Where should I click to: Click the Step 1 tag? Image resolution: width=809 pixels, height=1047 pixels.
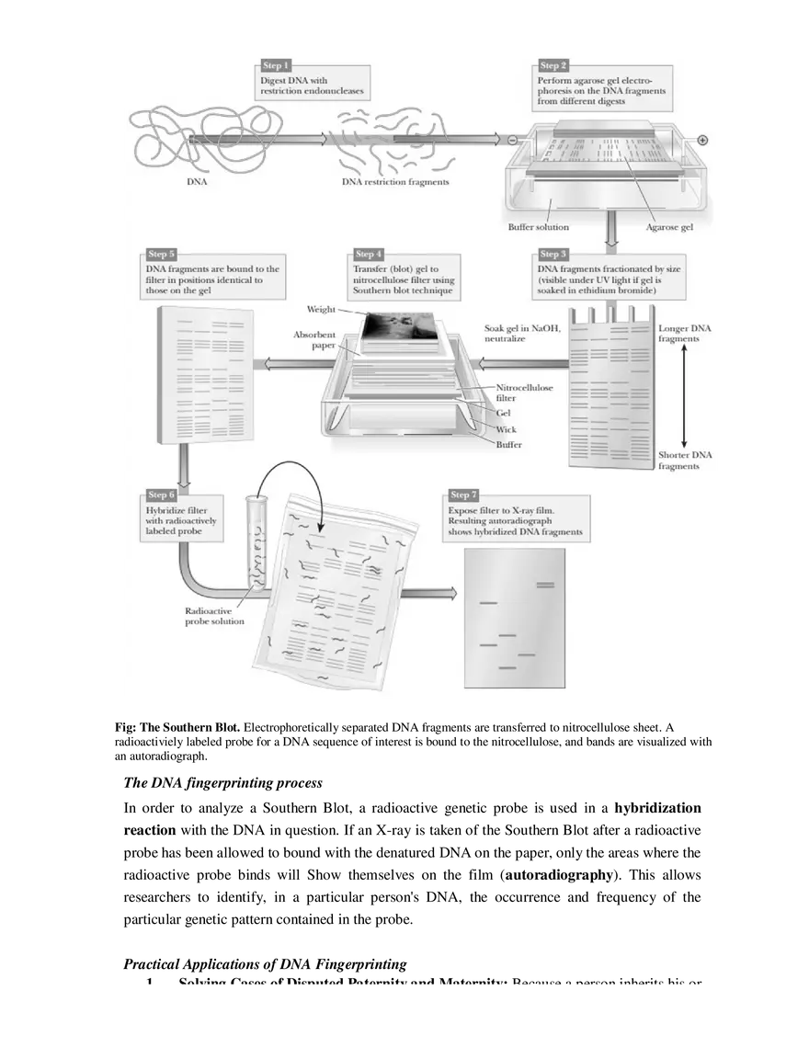(276, 66)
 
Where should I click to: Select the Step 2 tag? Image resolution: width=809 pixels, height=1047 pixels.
(553, 66)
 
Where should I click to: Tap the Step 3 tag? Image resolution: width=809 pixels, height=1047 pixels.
(553, 254)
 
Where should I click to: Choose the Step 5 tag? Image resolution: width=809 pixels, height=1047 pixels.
(161, 254)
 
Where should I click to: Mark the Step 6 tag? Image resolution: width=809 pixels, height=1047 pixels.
(161, 496)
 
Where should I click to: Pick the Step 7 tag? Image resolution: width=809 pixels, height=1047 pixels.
(463, 495)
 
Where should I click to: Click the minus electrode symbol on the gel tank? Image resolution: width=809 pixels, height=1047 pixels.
(511, 140)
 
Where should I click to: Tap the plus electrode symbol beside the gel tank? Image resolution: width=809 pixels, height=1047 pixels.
(702, 140)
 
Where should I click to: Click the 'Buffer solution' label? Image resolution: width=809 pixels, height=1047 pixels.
(539, 227)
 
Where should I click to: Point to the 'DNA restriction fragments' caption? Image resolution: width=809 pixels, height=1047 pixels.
(395, 182)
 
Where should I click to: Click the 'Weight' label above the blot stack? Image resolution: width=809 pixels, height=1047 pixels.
(321, 310)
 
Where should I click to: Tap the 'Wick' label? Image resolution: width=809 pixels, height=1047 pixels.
(506, 429)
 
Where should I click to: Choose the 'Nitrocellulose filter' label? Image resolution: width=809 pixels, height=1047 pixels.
(524, 393)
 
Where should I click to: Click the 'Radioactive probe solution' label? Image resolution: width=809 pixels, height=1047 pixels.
(214, 616)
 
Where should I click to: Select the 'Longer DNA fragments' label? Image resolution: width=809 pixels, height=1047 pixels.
(685, 334)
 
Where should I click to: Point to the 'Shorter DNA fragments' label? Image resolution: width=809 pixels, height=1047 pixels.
(685, 461)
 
